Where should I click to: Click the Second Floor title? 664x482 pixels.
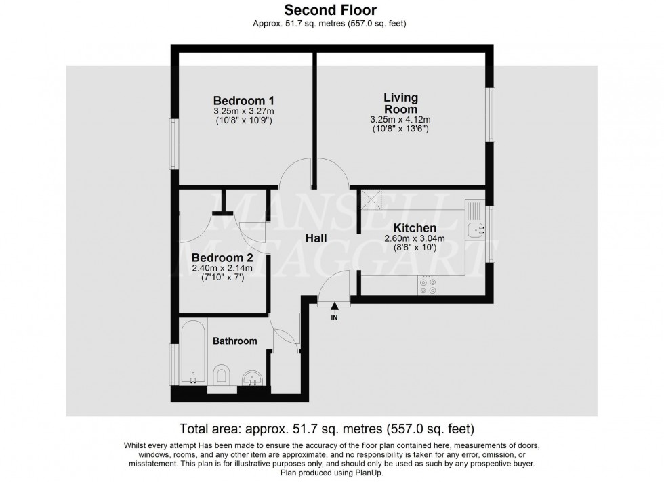pos(330,9)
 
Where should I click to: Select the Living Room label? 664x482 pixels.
pos(400,104)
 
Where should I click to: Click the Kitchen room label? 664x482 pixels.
pos(411,228)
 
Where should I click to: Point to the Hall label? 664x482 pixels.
pos(316,238)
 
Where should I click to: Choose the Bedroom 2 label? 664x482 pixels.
pos(222,258)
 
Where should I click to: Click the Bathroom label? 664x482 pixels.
pos(235,341)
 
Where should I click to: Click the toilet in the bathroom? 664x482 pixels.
pos(221,375)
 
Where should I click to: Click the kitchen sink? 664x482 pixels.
pos(477,230)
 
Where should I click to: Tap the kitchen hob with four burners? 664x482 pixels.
pos(428,286)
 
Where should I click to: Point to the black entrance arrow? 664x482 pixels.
pos(334,308)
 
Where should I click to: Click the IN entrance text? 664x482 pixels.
pos(334,317)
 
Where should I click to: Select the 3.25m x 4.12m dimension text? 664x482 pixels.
pos(400,121)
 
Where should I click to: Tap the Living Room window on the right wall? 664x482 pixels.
pos(491,114)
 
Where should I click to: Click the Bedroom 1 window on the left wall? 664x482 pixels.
pos(175,144)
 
